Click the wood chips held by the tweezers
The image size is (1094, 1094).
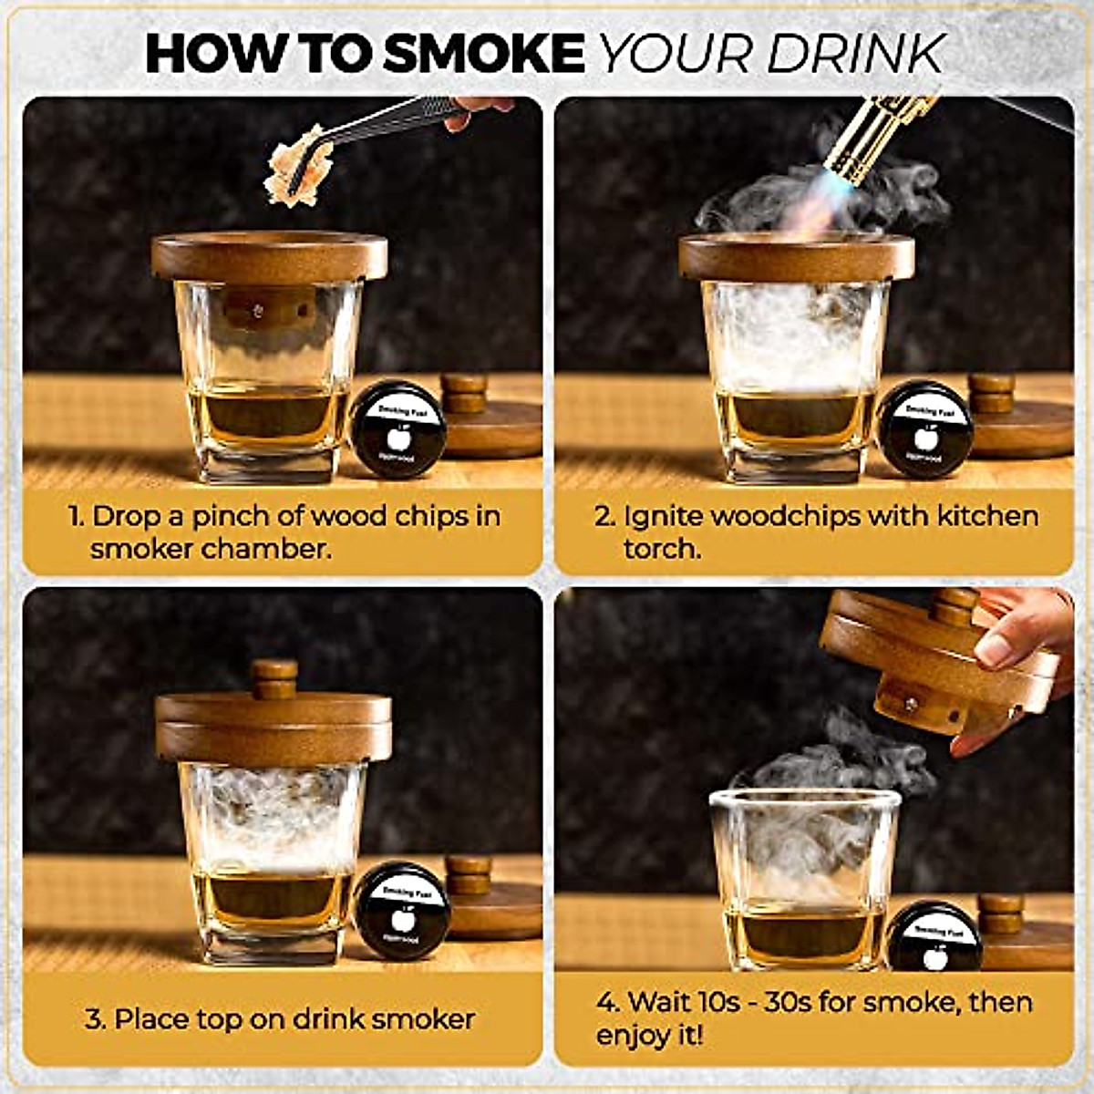(x=290, y=169)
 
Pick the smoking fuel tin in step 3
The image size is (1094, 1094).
(x=402, y=910)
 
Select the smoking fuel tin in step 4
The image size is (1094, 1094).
(x=934, y=937)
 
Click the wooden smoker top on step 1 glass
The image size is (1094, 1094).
(x=269, y=256)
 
